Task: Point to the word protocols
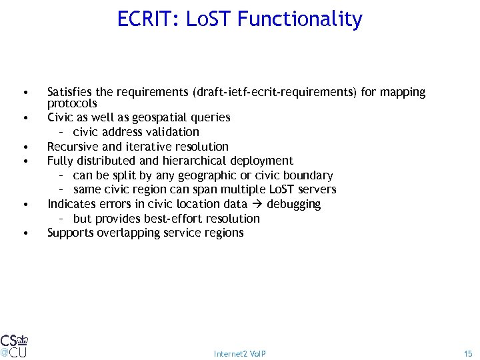tap(72, 103)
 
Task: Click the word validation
tap(172, 132)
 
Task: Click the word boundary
tap(307, 175)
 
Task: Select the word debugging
tap(293, 204)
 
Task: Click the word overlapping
tap(127, 233)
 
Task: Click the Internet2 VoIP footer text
tap(240, 353)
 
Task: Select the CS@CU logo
tap(14, 345)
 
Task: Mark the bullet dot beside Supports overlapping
tap(24, 233)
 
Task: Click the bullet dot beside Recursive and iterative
tap(24, 147)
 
